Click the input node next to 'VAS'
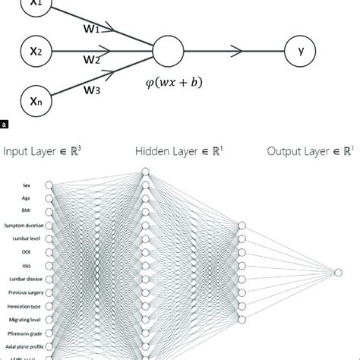click(49, 267)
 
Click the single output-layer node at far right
click(337, 271)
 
